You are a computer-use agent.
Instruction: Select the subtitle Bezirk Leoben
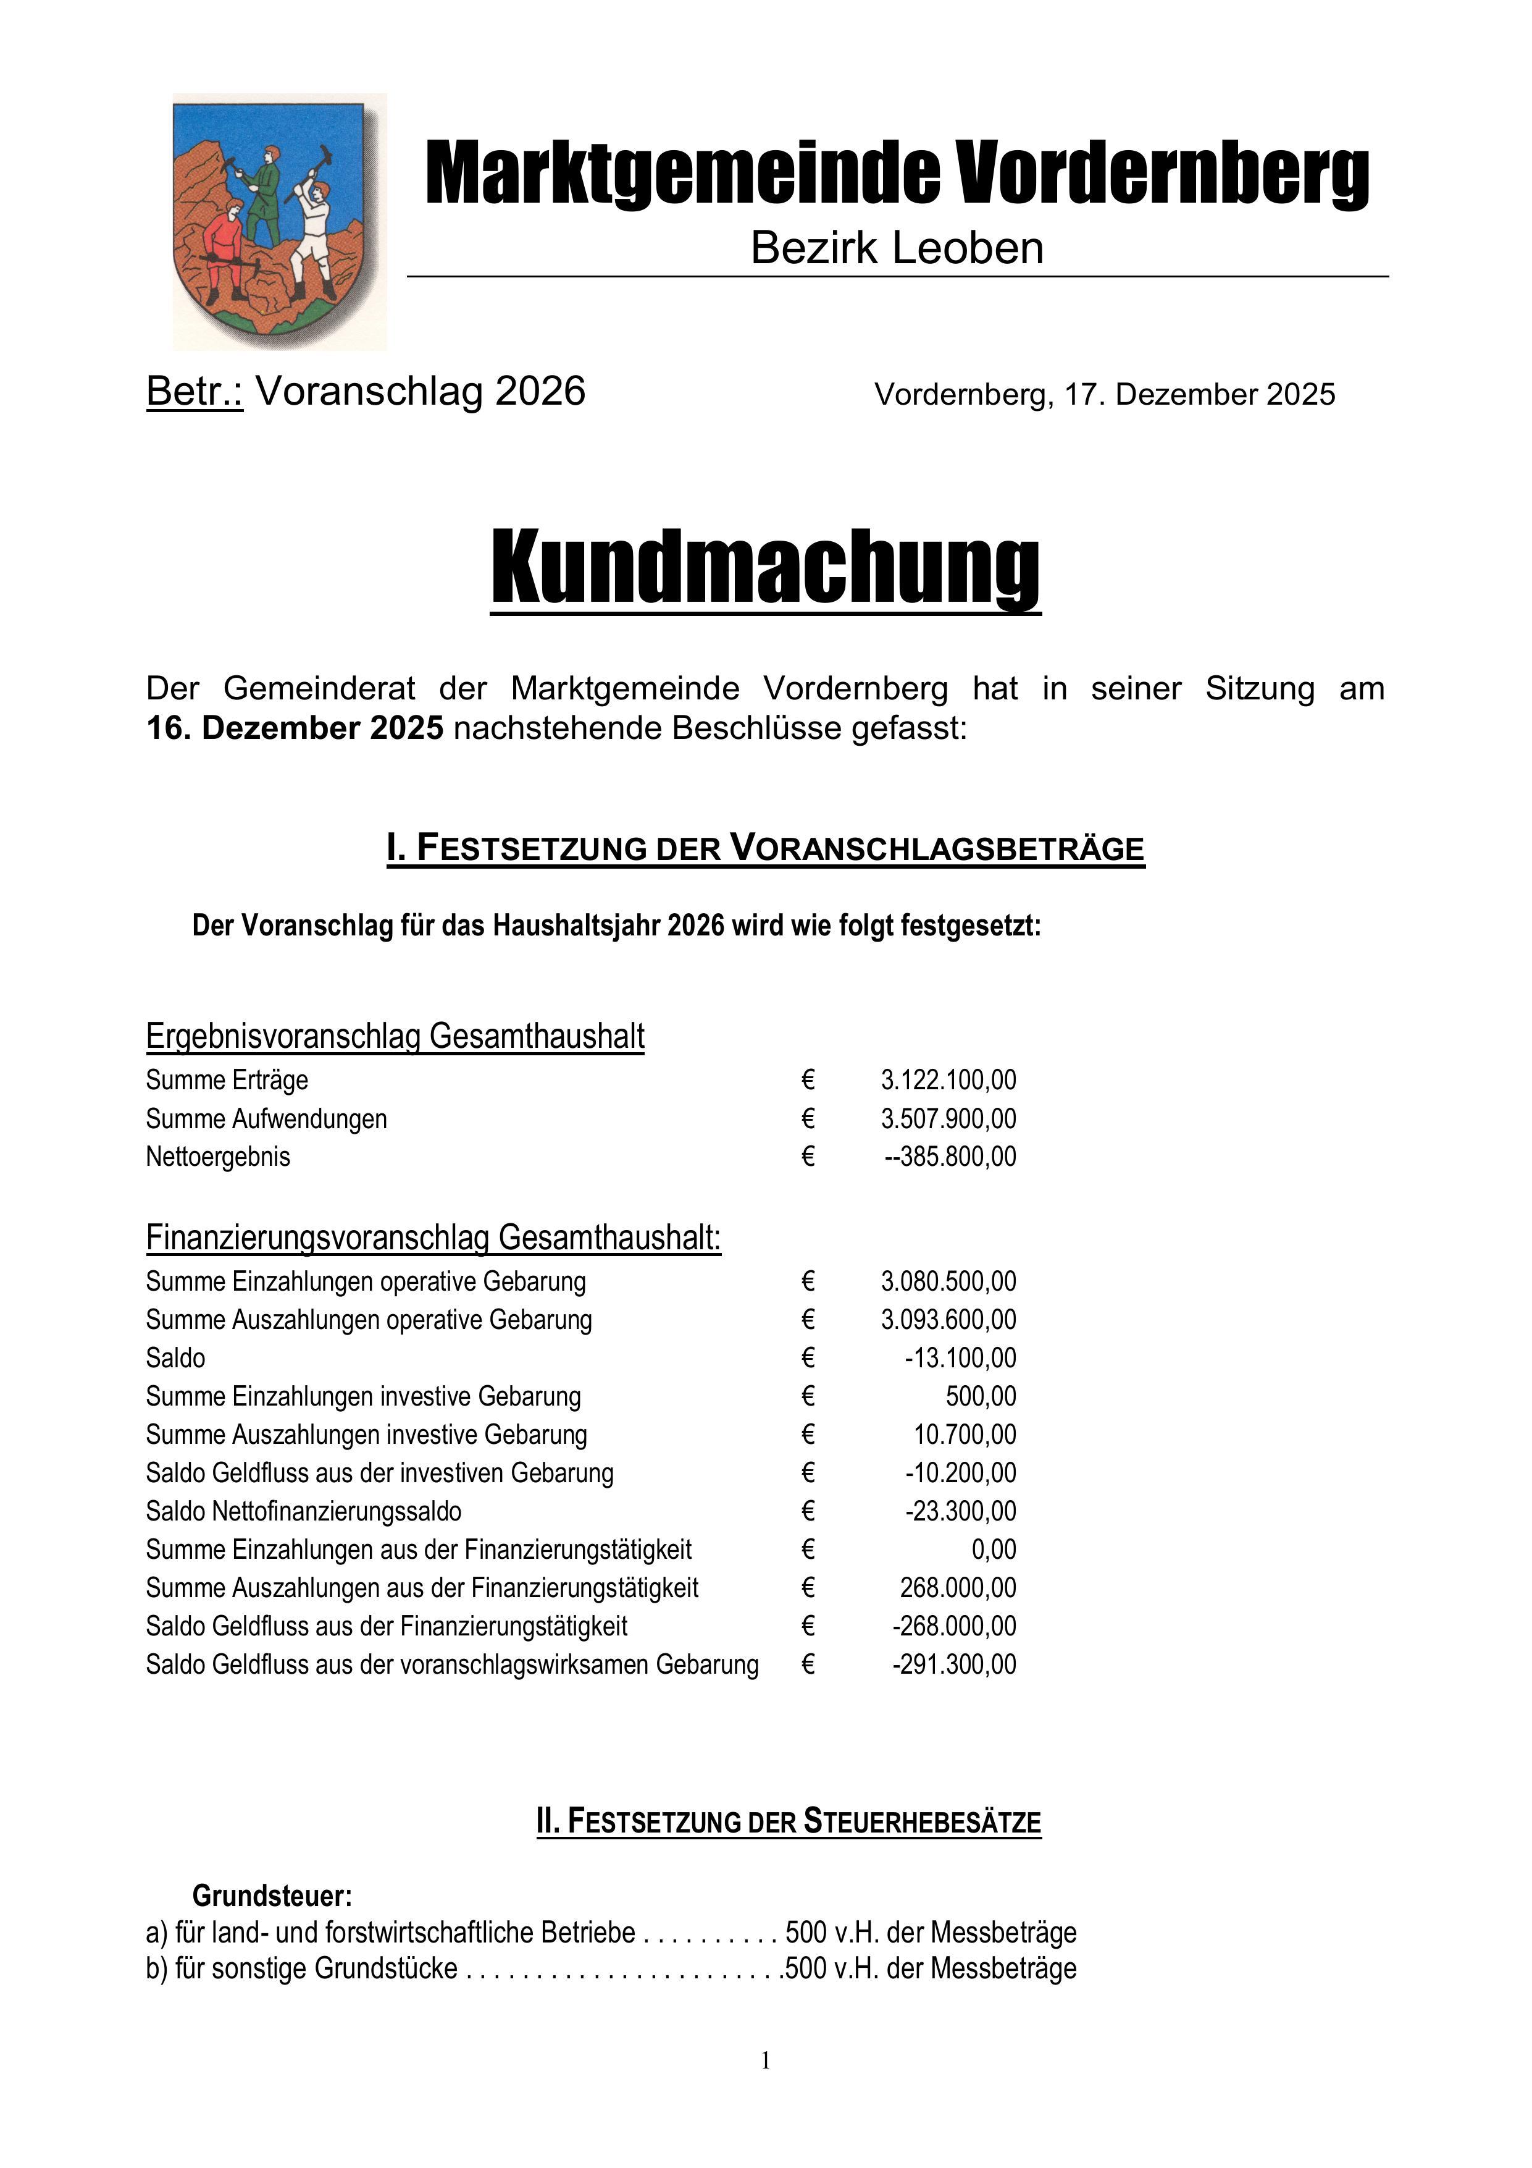(897, 248)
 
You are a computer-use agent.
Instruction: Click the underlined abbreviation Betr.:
(195, 391)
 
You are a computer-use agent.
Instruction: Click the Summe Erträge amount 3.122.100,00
(948, 1080)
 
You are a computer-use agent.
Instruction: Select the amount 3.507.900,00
(948, 1119)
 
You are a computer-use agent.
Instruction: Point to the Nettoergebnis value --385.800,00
(950, 1157)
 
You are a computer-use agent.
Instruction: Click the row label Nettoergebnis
(218, 1157)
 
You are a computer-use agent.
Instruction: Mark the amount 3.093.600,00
(948, 1320)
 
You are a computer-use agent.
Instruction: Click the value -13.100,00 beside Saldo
(960, 1359)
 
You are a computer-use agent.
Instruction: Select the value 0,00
(994, 1550)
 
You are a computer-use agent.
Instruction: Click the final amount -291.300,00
(954, 1664)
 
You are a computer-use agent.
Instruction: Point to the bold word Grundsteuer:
(272, 1896)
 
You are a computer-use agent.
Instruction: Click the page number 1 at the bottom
(766, 2061)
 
